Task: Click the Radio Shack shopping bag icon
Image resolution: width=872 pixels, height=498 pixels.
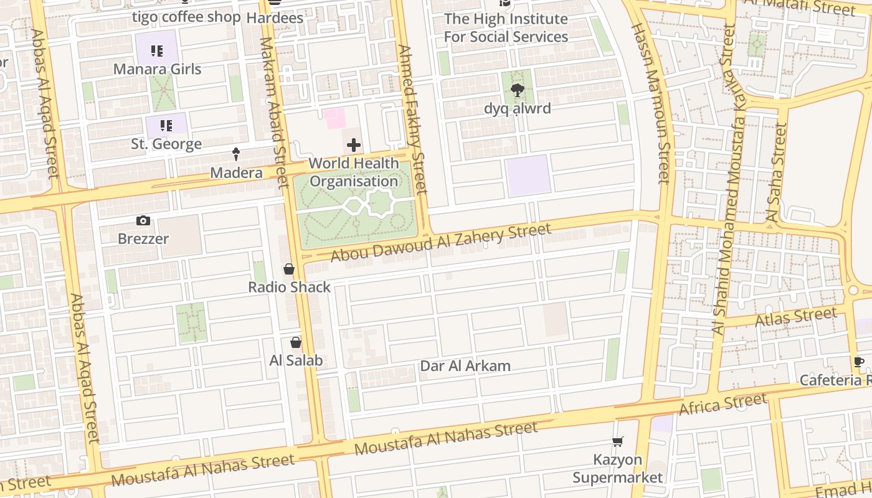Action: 289,269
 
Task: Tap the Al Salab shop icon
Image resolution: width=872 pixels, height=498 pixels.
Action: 296,342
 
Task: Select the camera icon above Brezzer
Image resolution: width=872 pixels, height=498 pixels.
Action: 143,221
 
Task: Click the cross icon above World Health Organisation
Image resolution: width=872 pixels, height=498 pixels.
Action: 354,146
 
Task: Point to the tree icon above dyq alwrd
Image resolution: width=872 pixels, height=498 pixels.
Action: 517,92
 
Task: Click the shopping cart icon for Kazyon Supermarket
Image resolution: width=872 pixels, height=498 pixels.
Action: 617,442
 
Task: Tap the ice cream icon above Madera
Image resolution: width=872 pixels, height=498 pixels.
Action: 236,154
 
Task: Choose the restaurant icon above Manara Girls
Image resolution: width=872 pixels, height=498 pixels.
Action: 157,51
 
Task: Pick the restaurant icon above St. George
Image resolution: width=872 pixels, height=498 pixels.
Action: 166,126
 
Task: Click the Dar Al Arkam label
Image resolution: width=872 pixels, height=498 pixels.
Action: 465,366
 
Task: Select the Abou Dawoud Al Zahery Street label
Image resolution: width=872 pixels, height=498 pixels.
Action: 440,243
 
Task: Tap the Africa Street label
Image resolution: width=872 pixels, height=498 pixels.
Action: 723,405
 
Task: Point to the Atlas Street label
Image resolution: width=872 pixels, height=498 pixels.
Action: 795,317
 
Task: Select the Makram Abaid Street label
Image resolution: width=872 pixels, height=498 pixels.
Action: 274,112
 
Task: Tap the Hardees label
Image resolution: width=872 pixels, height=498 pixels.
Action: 275,18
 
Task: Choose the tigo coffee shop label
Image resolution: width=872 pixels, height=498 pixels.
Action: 186,17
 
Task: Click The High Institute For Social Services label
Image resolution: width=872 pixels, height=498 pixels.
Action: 505,28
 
